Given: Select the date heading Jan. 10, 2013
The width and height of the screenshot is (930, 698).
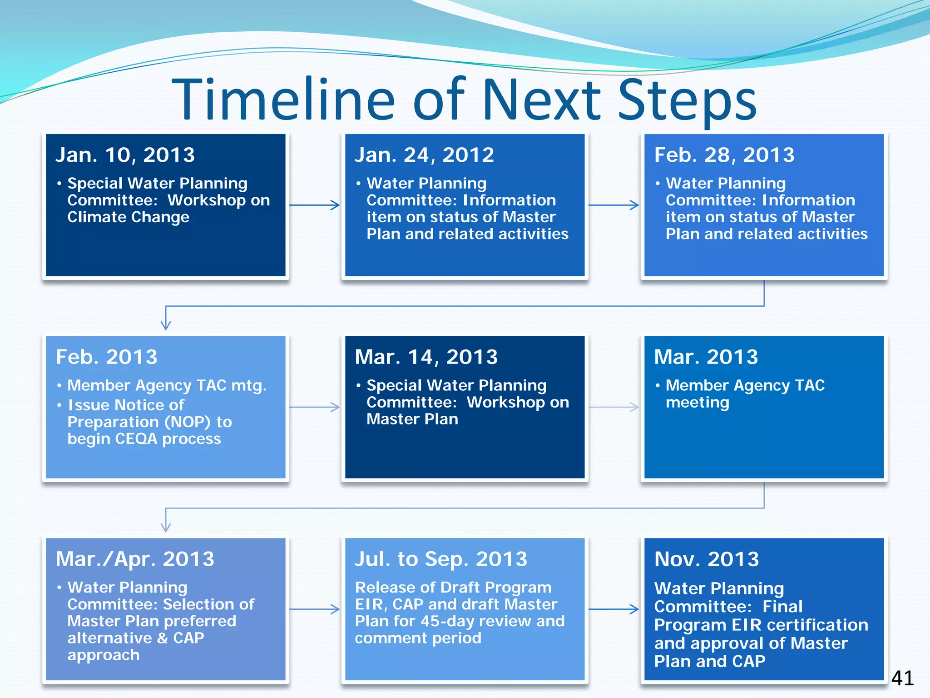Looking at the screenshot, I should [125, 155].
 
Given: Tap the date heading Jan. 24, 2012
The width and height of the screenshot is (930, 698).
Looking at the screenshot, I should [424, 155].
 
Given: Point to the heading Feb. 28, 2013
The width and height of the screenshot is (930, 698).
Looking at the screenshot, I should [724, 155].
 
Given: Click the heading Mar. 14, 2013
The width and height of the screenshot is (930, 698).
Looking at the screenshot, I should [426, 357].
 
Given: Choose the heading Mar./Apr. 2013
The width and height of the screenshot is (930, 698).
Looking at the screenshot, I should [134, 559].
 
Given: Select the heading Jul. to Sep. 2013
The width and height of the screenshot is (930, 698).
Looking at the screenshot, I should [440, 559].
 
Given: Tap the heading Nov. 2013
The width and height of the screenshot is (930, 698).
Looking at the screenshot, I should [706, 559].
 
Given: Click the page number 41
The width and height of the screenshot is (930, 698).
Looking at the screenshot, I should [902, 678].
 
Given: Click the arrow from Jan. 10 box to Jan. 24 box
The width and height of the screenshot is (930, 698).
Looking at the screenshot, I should [315, 205].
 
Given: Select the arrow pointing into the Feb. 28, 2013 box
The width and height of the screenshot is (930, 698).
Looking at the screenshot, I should [614, 205].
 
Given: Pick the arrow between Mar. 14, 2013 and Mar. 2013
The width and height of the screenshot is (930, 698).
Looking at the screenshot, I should [614, 407].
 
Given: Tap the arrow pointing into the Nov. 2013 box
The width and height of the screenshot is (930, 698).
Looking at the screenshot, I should [614, 609].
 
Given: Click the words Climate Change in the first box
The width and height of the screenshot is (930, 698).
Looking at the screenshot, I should [128, 217].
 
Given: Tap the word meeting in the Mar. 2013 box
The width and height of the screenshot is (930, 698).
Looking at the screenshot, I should [697, 403].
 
